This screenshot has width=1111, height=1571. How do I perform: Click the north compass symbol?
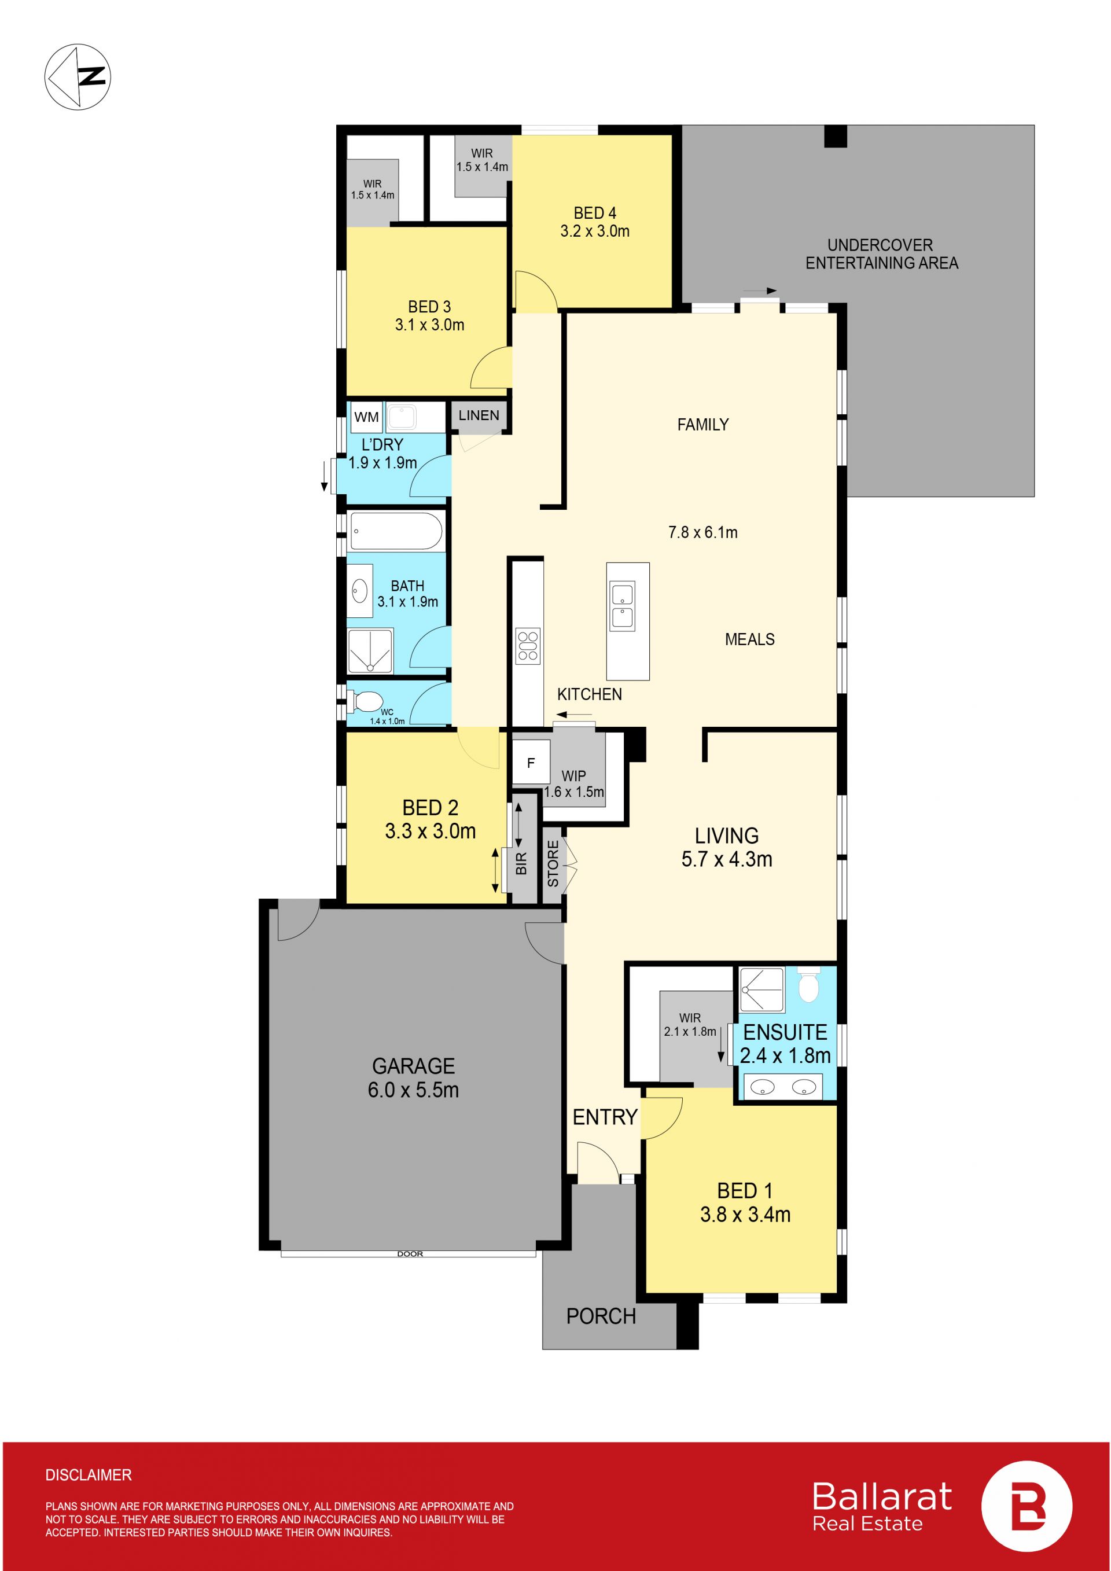coord(78,76)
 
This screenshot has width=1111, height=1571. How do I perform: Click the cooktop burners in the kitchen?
coord(528,646)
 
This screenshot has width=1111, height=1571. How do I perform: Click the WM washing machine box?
coord(367,417)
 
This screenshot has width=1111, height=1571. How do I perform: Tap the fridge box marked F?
coord(531,762)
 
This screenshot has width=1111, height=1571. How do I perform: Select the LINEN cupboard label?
coord(479,415)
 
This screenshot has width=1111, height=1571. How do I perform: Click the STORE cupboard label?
coord(553,863)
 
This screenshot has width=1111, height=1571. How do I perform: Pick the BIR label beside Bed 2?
coord(521,863)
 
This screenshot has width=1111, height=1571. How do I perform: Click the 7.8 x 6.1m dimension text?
coord(702,532)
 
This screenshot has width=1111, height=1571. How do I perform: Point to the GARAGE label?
coord(413,1066)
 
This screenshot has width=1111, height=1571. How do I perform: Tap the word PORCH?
coord(601,1316)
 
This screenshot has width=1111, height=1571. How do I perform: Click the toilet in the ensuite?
coord(808,984)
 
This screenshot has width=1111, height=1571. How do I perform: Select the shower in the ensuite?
coord(762,989)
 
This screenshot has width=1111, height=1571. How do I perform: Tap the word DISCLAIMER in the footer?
coord(89,1475)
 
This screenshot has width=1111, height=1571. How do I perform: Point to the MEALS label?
coord(750,639)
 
